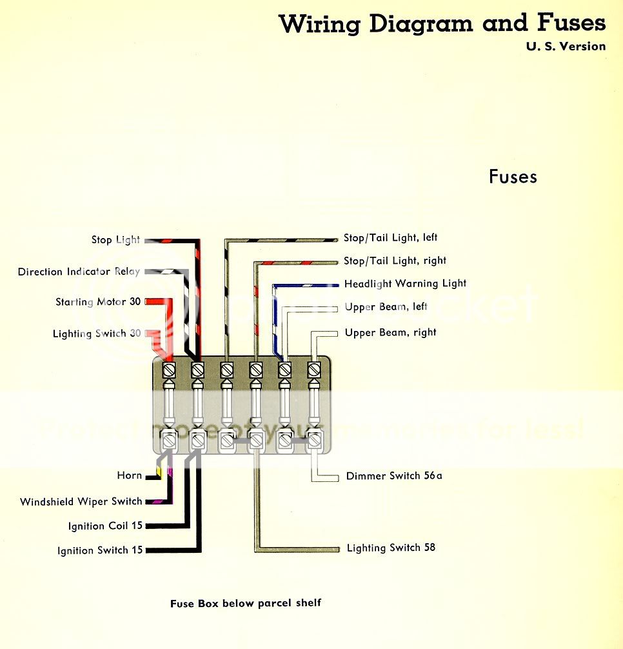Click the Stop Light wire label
pos(115,240)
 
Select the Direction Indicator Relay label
pos(79,272)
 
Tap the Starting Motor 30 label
pos(98,301)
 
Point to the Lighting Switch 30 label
pos(97,334)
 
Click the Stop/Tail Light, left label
pos(390,238)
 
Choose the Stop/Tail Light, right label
pos(395,261)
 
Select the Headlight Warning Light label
pos(405,284)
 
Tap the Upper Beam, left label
pos(386,307)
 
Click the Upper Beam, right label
pos(390,333)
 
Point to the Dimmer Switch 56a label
pos(394,476)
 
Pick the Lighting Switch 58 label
pos(391,548)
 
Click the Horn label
pos(129,475)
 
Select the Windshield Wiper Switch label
pos(81,501)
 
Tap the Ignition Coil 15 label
pos(105,526)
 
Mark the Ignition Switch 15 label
pos(100,550)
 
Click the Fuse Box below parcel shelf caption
pos(245,603)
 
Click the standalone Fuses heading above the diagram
pos(513,177)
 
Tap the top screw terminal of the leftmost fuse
pos(169,370)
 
